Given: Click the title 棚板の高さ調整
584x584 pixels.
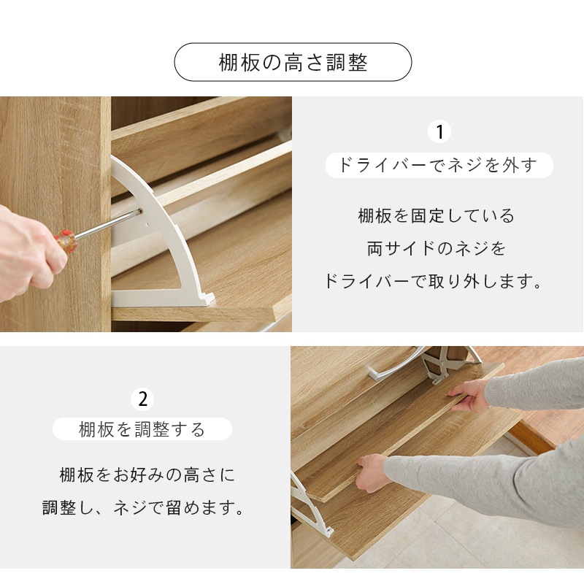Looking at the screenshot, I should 293,62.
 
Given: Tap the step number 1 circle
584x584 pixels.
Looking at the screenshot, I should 439,132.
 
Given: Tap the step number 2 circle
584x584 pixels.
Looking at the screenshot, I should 142,399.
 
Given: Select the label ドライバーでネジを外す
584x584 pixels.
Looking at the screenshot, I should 438,165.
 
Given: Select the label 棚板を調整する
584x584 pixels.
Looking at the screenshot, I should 142,429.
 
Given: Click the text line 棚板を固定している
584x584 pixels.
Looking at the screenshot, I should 437,216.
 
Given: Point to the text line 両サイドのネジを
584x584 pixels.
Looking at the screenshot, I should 437,249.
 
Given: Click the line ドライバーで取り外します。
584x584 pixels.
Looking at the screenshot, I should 435,282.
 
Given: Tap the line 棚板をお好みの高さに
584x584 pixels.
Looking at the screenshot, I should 147,475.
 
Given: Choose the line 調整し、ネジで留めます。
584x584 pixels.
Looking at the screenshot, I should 144,508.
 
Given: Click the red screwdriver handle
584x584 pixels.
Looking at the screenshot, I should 66,240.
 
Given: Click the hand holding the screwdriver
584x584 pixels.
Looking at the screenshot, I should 26,252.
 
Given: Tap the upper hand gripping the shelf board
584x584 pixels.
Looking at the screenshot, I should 469,395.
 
